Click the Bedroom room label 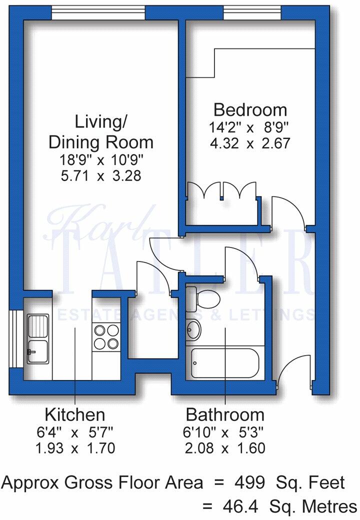coord(250,109)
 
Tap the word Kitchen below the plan coord(75,414)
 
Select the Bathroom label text coord(225,414)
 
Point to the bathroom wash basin coord(193,329)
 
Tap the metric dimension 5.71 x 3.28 coord(100,176)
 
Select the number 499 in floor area coord(248,482)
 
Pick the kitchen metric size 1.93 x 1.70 coord(75,448)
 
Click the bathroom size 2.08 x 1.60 coord(225,448)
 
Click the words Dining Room coord(100,142)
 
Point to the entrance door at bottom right coord(291,370)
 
